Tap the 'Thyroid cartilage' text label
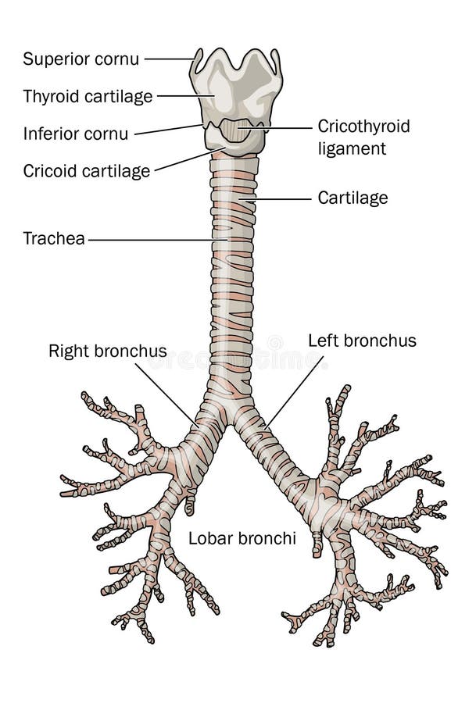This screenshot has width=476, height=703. pyautogui.click(x=88, y=96)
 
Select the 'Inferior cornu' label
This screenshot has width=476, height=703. pyautogui.click(x=75, y=134)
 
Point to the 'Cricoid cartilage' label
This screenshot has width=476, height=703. pyautogui.click(x=86, y=171)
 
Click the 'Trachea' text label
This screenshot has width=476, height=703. pyautogui.click(x=53, y=238)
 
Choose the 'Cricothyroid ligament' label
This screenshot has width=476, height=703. pyautogui.click(x=363, y=137)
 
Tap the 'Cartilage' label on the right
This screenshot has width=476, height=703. pyautogui.click(x=353, y=198)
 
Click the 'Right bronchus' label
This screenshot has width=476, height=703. pyautogui.click(x=107, y=351)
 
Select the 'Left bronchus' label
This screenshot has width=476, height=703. pyautogui.click(x=362, y=341)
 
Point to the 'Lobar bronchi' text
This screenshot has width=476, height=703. pyautogui.click(x=242, y=538)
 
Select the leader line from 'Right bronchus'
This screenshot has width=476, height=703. pyautogui.click(x=164, y=394)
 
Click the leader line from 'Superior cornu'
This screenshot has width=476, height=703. pyautogui.click(x=168, y=59)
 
